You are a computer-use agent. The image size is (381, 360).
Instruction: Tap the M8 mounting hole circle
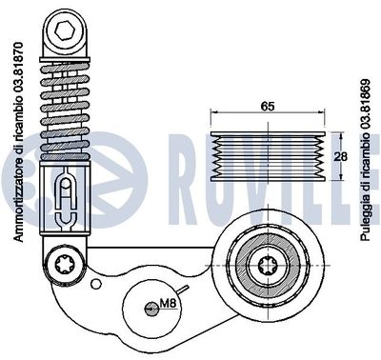click(x=150, y=307)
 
